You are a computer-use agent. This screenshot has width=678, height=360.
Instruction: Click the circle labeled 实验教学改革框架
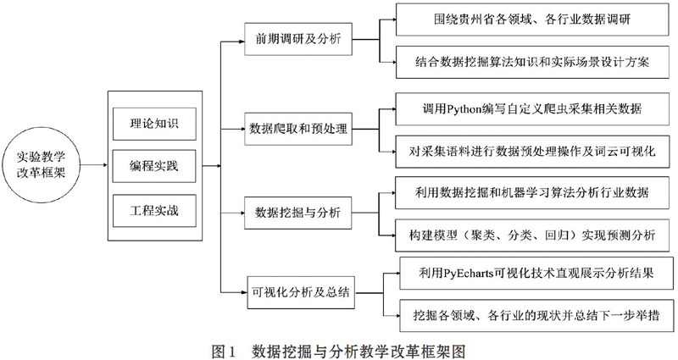(x=41, y=165)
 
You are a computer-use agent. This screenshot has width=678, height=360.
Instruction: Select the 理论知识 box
(x=154, y=124)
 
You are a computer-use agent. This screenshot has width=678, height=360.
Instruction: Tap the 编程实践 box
(x=154, y=166)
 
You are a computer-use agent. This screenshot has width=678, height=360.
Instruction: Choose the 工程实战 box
(x=154, y=211)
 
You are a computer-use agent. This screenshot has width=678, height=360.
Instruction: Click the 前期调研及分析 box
(x=298, y=39)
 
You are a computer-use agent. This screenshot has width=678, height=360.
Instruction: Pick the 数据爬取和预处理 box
(x=298, y=129)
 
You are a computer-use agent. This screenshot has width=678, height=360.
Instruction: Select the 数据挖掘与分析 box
(x=298, y=213)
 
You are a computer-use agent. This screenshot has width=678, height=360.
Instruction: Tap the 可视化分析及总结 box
(x=301, y=292)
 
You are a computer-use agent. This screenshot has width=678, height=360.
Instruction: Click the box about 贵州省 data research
(x=532, y=19)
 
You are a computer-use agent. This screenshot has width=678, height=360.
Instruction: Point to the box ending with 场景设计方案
(x=532, y=62)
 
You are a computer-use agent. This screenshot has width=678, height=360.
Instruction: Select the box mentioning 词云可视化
(x=532, y=152)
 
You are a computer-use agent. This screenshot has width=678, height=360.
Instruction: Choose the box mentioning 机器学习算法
(x=532, y=193)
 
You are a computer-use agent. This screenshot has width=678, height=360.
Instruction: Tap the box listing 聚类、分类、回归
(x=532, y=235)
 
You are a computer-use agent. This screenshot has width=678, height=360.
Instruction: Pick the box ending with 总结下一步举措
(x=536, y=315)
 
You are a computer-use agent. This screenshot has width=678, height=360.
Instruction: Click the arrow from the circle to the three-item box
(x=94, y=165)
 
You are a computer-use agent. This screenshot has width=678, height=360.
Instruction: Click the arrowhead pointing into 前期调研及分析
(x=242, y=42)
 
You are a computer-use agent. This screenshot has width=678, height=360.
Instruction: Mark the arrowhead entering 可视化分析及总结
(x=244, y=292)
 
